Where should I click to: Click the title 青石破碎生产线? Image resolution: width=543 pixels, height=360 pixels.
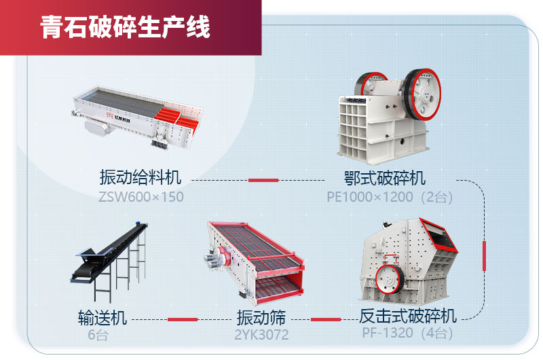coord(125,27)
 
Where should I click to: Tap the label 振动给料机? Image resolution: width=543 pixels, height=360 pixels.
coord(141,177)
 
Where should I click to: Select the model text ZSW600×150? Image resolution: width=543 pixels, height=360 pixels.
coord(141,197)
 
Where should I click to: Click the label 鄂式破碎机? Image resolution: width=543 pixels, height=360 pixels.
coord(384,178)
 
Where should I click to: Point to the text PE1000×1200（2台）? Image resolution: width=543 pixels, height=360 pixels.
coord(390,197)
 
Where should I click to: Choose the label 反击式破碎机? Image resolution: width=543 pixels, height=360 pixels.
coord(408,316)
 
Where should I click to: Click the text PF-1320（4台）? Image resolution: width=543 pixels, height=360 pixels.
coord(408,333)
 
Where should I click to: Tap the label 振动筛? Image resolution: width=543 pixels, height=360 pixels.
coord(261,317)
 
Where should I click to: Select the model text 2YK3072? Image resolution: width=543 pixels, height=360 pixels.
coord(261,335)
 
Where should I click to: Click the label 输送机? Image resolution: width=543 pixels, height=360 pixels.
coord(102,317)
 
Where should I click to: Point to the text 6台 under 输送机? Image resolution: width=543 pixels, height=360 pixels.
coord(98,335)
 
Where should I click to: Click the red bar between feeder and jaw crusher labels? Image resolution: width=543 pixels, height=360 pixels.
coord(263,180)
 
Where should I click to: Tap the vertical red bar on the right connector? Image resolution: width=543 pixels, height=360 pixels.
coord(484,256)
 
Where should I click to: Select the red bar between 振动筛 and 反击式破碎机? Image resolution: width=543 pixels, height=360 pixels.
coord(326,319)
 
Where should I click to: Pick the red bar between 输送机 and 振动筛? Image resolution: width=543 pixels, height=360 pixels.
coord(183,319)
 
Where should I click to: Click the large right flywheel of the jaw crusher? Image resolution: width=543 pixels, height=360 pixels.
coord(422,94)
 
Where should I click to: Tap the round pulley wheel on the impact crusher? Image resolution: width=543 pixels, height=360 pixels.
coord(389,279)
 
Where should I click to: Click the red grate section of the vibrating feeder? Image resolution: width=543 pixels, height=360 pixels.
coord(176,117)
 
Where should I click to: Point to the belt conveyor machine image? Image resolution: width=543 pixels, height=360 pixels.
coord(109,261)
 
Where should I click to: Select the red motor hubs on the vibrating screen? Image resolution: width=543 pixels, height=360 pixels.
coord(223,256)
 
